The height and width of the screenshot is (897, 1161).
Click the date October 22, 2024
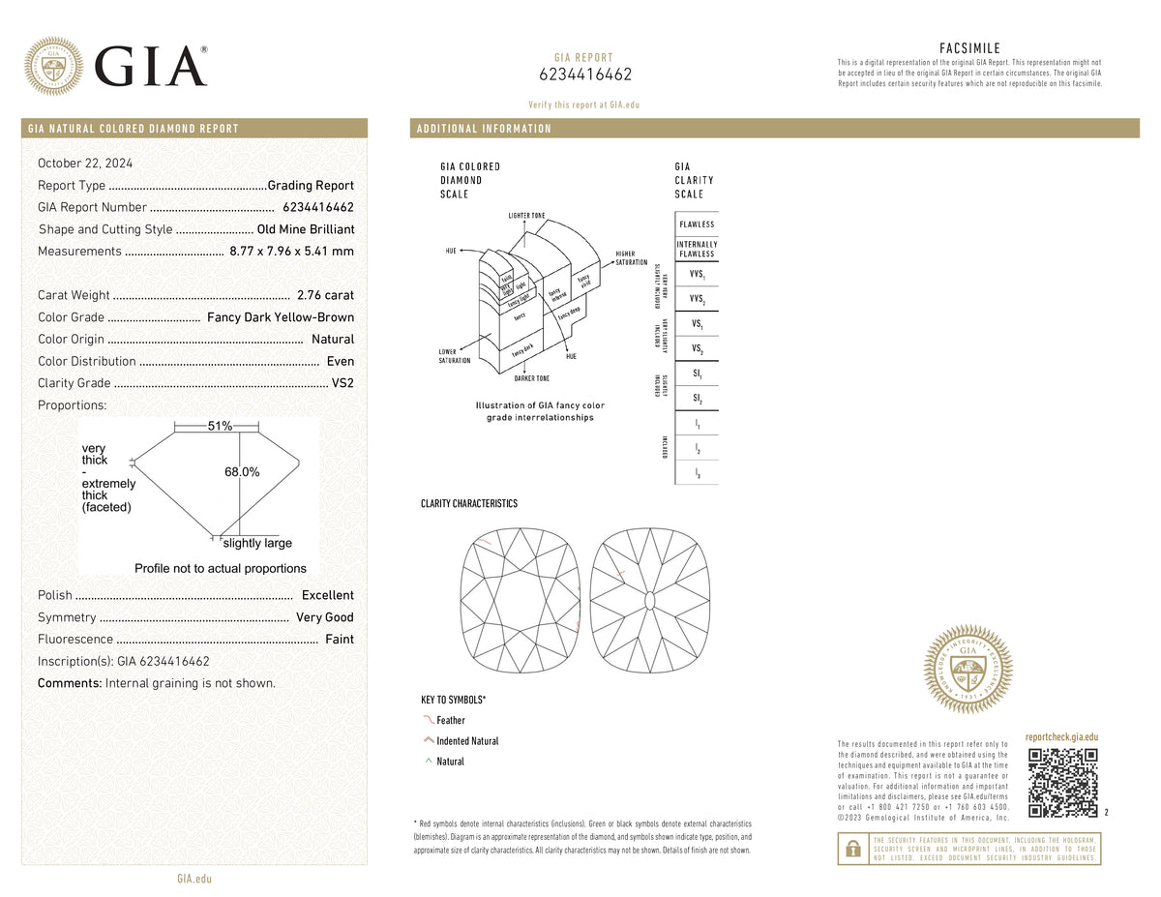86,164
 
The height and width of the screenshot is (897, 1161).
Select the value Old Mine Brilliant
306,229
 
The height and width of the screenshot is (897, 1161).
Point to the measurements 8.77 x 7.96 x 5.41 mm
291,252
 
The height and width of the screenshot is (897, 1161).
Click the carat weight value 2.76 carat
325,295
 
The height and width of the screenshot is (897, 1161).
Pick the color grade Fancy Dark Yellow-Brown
281,317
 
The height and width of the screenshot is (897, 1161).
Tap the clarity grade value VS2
342,383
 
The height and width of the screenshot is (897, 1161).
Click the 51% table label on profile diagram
220,427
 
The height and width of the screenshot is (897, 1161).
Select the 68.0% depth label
242,472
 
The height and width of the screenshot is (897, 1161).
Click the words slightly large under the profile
257,544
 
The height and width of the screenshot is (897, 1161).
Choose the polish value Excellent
327,595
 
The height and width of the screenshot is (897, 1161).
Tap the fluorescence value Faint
340,640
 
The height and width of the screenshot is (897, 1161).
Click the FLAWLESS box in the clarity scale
697,224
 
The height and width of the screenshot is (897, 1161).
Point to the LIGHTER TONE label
526,215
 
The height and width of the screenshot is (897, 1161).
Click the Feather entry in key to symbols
451,721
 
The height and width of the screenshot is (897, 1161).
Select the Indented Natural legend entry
467,741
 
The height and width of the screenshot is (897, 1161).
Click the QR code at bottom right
1062,783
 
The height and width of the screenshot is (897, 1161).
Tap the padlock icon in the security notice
852,849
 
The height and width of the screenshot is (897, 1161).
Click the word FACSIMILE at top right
969,48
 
